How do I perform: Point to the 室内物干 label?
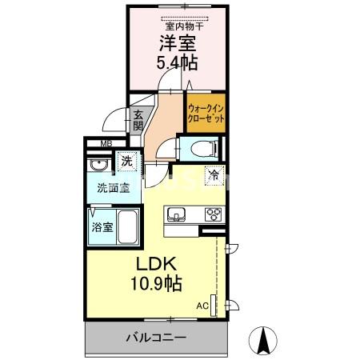coord(183,26)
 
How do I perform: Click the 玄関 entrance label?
coord(138,119)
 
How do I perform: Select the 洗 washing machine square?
coord(126,162)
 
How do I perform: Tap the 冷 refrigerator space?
coord(214,174)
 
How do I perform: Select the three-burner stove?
coord(214,214)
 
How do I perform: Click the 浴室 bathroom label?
coord(102,226)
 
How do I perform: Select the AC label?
coord(202,306)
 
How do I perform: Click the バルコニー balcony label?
coord(156,338)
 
